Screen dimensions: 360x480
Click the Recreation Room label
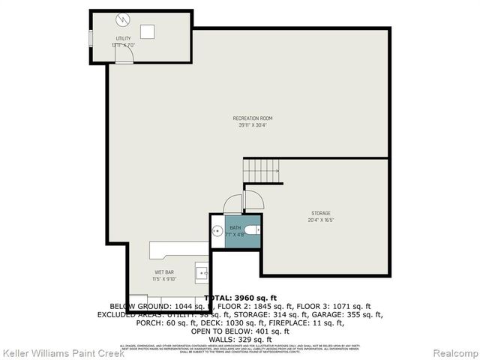tap(252, 118)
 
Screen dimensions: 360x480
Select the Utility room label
tap(122, 37)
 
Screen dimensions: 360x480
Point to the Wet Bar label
tap(164, 271)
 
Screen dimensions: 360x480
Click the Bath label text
tap(235, 227)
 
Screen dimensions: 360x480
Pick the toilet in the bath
tap(251, 230)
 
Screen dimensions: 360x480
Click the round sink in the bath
tap(215, 231)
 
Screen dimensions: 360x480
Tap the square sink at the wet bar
tap(200, 271)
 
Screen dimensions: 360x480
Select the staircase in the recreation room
tap(262, 170)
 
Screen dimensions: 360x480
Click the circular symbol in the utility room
tap(123, 19)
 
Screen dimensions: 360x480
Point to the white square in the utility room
tap(148, 31)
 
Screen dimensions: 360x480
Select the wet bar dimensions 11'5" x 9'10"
tap(164, 279)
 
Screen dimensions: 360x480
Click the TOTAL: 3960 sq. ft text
tap(239, 298)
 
